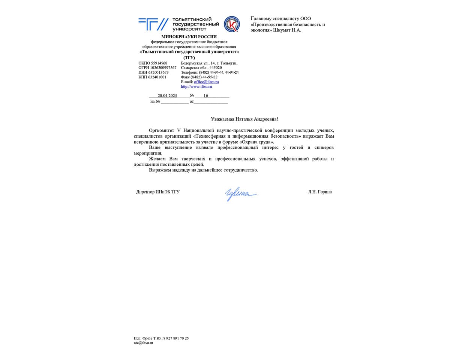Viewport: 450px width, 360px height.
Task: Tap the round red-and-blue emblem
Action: [231, 24]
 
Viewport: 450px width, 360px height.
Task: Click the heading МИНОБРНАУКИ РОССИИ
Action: [189, 37]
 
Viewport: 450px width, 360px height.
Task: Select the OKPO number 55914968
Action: [158, 63]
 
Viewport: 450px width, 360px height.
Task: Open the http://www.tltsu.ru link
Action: [196, 87]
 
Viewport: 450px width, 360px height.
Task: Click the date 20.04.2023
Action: [167, 96]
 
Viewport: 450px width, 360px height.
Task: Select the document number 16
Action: [206, 96]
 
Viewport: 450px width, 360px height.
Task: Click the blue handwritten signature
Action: [241, 194]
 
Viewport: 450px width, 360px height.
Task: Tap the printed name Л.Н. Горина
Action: [320, 192]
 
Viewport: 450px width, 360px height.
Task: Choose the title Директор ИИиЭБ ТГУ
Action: [158, 192]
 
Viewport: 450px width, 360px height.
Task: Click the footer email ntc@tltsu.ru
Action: [144, 343]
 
